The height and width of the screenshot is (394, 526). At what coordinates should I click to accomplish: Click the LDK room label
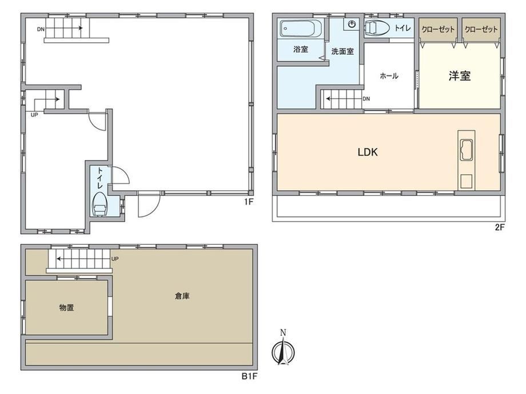coord(368,152)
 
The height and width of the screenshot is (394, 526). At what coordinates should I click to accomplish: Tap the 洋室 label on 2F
coord(460,76)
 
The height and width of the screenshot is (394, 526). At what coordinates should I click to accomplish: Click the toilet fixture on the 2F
coord(377,27)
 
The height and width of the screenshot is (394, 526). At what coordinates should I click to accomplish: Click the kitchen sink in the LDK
coord(467,150)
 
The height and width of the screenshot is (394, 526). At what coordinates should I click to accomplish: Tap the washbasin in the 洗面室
coord(352,24)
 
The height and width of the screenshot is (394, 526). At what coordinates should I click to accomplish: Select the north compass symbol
coord(283,349)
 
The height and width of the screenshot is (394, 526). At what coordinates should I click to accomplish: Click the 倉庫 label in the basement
coord(182,296)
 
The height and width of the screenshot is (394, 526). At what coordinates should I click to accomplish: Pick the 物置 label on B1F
coord(66,308)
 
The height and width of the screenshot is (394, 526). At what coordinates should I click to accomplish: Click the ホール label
coord(389,76)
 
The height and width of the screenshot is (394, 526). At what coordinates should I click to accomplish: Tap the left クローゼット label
coord(438,30)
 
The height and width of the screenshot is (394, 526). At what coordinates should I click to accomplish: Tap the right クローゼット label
coord(481,30)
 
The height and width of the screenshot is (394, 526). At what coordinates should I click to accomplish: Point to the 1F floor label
coord(248,202)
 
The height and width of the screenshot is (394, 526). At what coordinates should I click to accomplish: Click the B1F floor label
coord(250,376)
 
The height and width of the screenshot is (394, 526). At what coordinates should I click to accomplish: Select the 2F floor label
coord(500,227)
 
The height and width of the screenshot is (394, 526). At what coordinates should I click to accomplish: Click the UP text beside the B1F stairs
coord(115,259)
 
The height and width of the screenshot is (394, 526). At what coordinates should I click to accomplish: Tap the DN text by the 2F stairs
coord(366,99)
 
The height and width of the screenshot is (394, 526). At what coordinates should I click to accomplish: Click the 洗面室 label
coord(342,51)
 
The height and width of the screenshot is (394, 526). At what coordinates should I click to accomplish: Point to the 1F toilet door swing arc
coord(125,172)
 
